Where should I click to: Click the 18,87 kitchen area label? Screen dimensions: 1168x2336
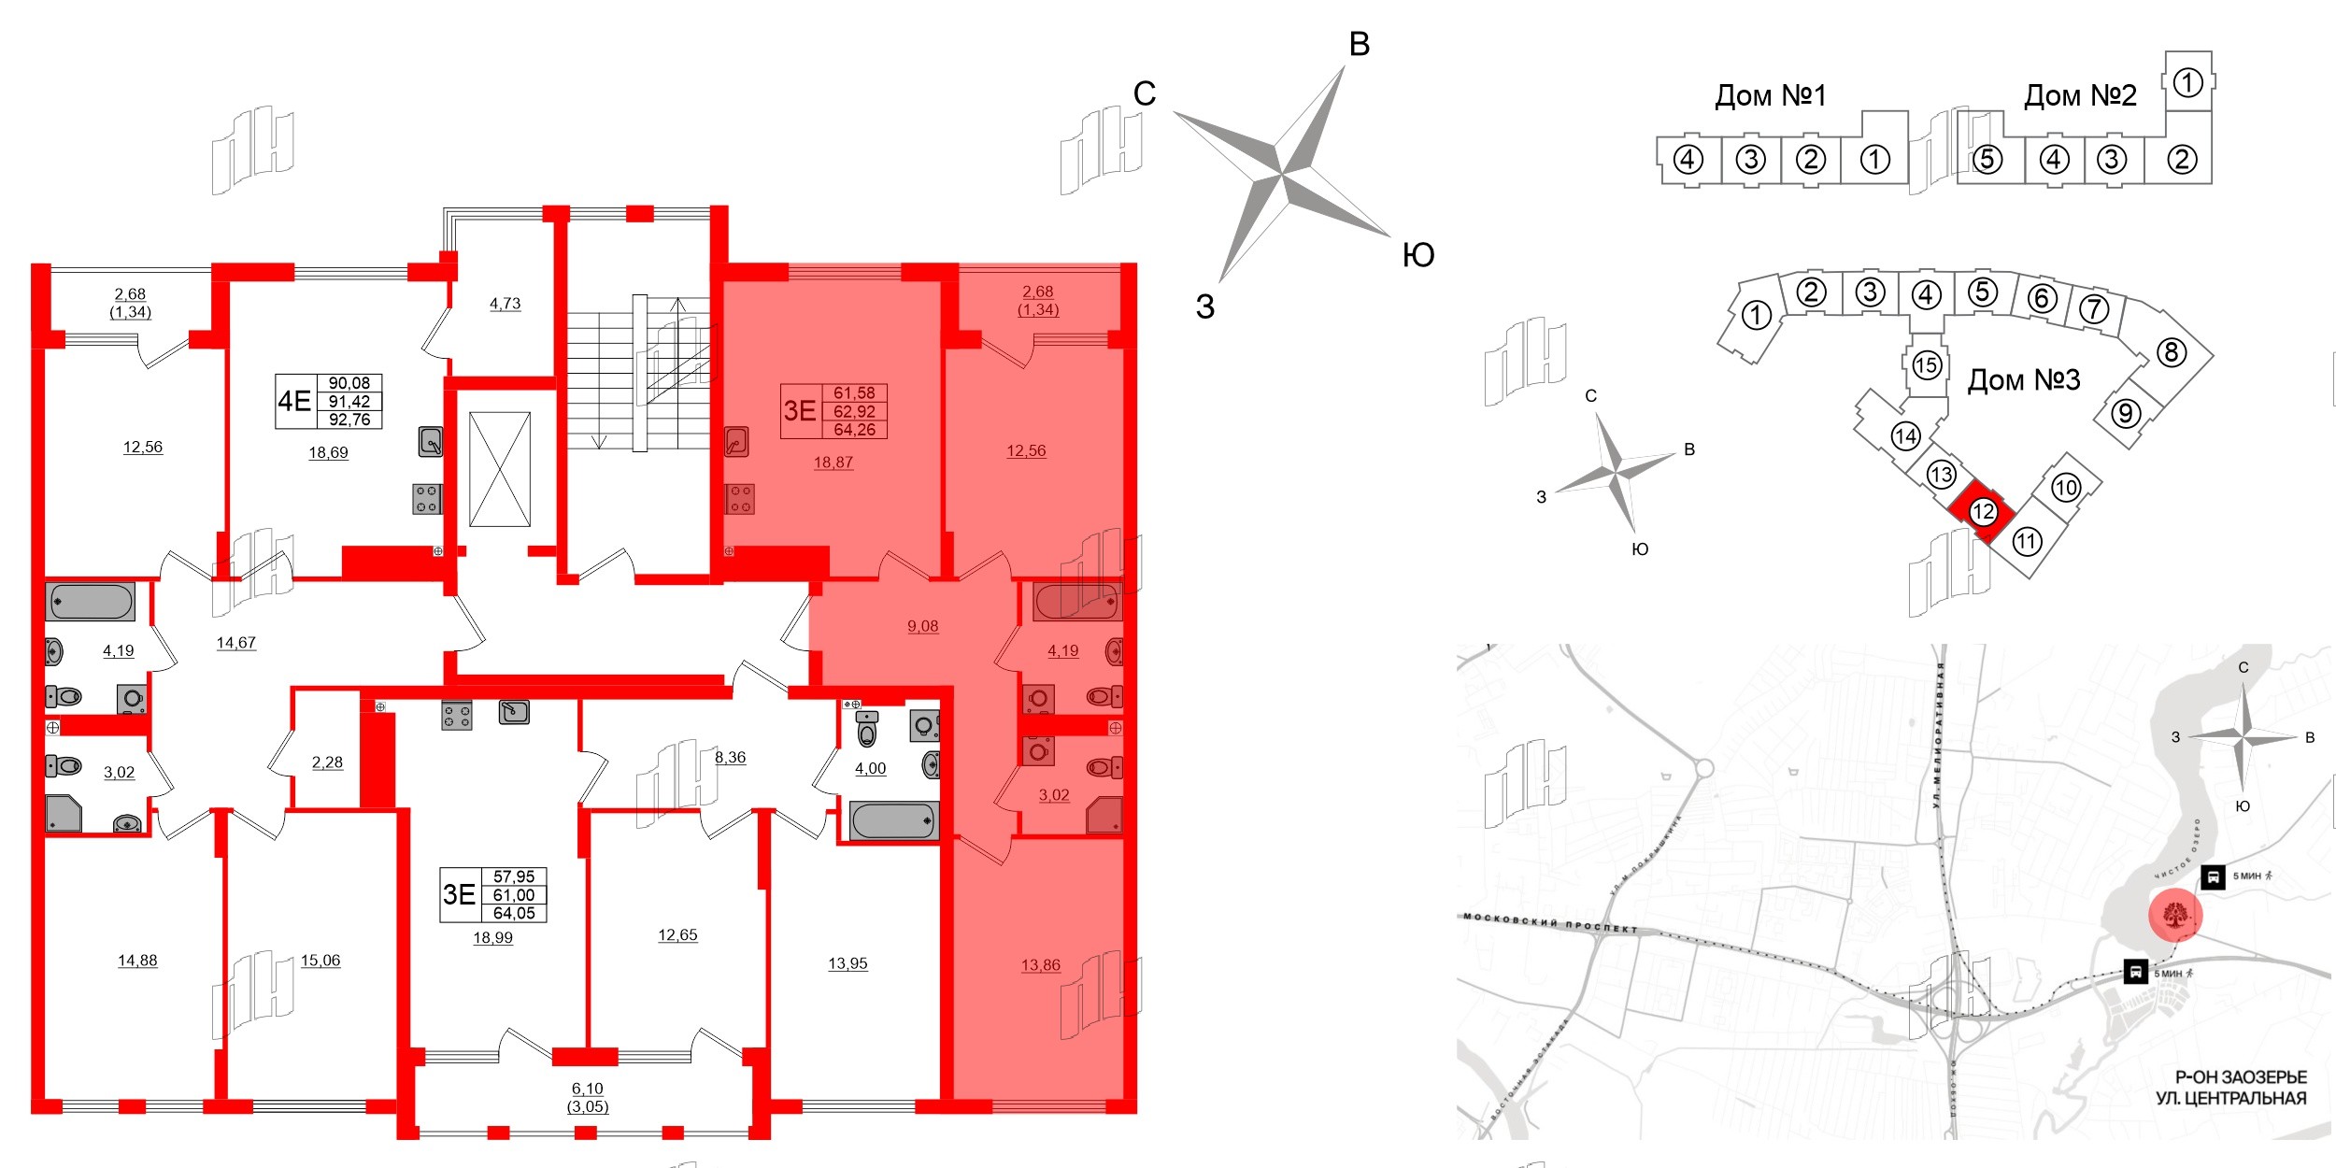click(833, 463)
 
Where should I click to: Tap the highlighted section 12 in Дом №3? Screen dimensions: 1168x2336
click(1982, 512)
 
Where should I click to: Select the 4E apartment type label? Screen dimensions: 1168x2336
click(294, 402)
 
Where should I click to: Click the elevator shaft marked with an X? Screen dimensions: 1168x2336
click(500, 469)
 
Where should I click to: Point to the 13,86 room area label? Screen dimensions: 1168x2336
click(1040, 965)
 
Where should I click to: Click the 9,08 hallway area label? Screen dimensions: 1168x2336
click(922, 626)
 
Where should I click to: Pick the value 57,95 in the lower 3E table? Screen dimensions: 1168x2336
click(514, 876)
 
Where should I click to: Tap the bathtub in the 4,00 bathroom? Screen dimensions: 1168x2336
click(892, 820)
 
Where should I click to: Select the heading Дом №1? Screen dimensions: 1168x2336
click(1770, 95)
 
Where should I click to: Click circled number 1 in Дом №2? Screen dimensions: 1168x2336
click(2187, 83)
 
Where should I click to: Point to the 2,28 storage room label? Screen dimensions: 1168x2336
click(327, 762)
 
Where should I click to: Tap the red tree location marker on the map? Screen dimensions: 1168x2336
click(2175, 915)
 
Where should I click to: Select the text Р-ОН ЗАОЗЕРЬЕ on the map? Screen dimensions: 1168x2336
click(2241, 1077)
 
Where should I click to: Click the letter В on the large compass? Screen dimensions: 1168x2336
click(1360, 44)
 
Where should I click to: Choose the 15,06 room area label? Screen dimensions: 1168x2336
click(320, 961)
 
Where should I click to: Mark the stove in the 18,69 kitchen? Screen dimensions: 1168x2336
click(426, 499)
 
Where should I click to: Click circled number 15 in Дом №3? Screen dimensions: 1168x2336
click(1926, 364)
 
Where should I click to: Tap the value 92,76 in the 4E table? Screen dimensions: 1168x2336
click(349, 420)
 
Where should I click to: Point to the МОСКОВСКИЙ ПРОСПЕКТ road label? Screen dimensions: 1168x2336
click(1550, 923)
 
